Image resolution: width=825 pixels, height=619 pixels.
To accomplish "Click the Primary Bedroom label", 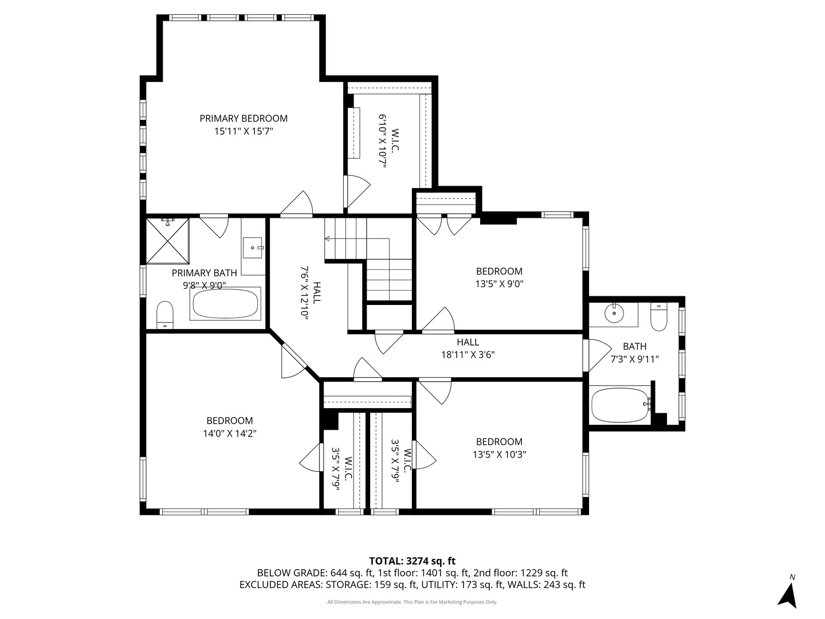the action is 243,119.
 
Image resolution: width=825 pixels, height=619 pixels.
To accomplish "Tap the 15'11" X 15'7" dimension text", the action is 243,132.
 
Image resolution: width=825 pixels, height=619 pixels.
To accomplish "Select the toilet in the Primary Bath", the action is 164,315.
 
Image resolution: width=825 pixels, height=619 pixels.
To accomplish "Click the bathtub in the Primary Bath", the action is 225,304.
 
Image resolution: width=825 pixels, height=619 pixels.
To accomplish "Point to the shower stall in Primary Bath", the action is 167,241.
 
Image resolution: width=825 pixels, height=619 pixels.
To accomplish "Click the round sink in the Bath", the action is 614,312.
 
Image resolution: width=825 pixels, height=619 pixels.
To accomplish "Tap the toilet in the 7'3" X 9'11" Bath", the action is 658,317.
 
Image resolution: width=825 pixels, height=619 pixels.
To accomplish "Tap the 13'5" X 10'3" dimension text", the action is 499,455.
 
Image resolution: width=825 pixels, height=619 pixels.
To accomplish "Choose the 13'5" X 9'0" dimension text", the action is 499,284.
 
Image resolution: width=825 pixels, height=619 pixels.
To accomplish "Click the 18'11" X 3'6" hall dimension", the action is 468,355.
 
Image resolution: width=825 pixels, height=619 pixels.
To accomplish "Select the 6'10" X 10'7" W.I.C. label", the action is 388,141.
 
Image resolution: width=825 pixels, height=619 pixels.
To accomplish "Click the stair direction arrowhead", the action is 327,238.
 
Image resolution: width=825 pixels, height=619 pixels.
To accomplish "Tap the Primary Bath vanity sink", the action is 253,248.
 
